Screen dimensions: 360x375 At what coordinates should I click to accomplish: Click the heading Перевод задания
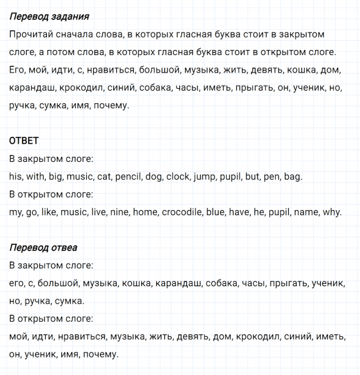point(49,16)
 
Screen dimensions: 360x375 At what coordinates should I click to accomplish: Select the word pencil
point(128,177)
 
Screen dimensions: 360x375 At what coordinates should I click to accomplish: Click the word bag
point(292,177)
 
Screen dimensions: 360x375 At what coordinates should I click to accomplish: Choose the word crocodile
point(182,212)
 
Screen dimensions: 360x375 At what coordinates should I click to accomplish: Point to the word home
point(145,212)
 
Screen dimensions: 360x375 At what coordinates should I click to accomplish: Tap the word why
point(331,212)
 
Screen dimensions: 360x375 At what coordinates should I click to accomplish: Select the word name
point(306,212)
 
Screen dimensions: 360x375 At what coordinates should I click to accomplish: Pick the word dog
point(154,177)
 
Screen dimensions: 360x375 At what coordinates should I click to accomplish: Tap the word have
point(239,212)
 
